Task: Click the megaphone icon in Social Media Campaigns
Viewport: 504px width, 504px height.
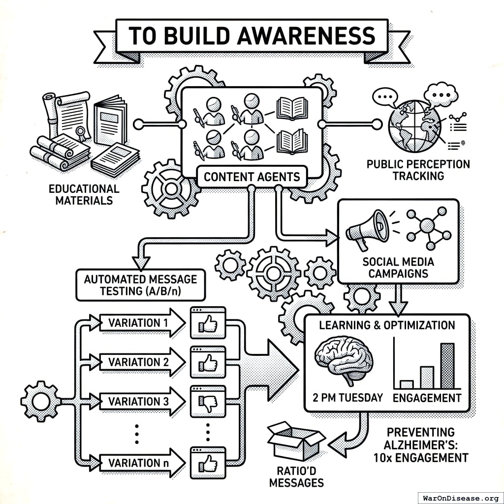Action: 367,229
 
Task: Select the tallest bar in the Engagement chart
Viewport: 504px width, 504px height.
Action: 447,366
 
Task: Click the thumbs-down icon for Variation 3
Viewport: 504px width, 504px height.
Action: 208,403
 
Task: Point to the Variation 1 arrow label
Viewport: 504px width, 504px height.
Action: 135,323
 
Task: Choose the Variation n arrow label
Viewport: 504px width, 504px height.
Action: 135,463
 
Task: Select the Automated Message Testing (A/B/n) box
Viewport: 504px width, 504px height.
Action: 140,285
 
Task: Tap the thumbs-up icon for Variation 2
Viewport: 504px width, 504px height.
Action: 208,363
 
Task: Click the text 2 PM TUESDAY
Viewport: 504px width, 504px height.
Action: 347,398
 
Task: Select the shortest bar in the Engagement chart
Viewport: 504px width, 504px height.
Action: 407,384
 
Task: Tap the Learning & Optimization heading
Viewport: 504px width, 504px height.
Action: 387,325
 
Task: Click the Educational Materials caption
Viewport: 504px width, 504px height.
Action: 84,194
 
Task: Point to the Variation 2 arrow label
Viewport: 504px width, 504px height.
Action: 135,362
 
